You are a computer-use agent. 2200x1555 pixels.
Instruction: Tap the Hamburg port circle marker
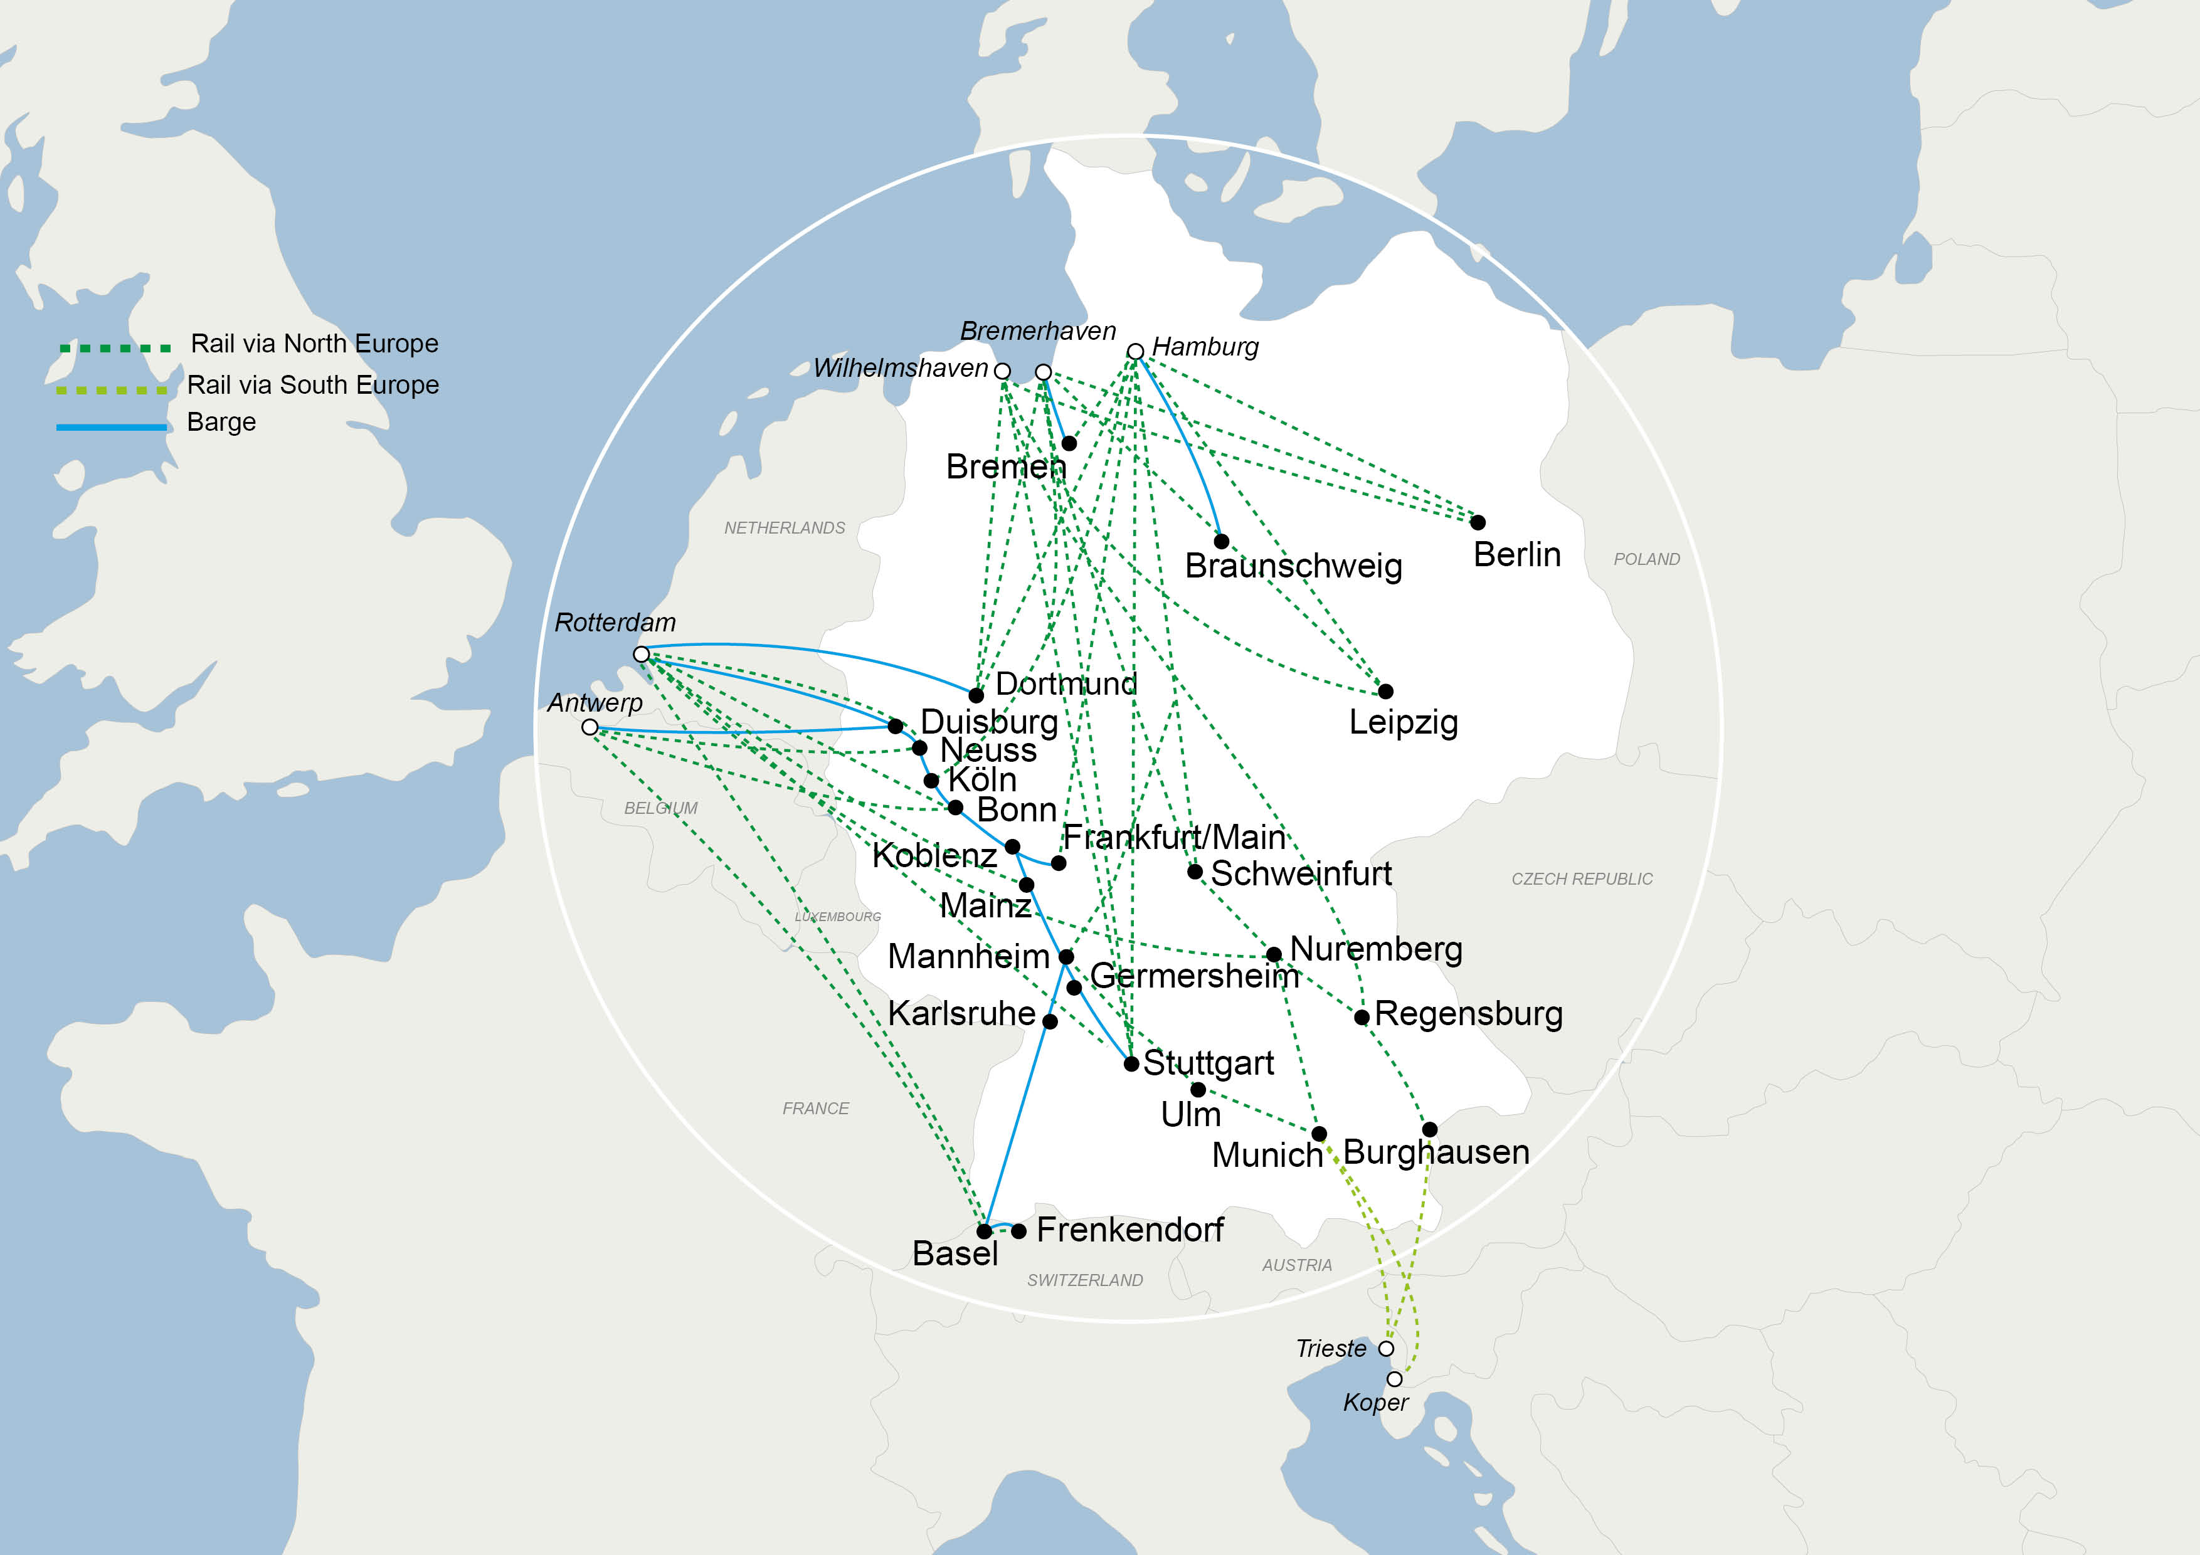tap(1136, 352)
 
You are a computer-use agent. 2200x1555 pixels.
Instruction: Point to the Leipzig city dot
tap(1385, 691)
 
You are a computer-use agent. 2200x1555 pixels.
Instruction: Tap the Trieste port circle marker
tap(1385, 1349)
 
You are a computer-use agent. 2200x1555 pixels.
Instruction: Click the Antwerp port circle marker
tap(590, 727)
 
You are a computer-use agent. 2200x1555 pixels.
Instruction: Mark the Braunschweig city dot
tap(1222, 541)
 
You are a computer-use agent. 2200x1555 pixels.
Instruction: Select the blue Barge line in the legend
tap(112, 426)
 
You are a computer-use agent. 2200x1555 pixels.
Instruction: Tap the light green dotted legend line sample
tap(112, 390)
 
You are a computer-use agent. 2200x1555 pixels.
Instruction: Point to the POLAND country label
tap(1646, 559)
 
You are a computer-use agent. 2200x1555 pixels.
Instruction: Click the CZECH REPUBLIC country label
tap(1582, 878)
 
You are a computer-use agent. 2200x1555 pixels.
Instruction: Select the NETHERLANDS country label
tap(785, 528)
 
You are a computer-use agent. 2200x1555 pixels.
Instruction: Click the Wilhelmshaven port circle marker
tap(1002, 371)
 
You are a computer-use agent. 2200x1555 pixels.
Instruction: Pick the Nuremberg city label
tap(1376, 949)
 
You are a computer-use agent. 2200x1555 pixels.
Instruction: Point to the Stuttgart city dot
tap(1131, 1063)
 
